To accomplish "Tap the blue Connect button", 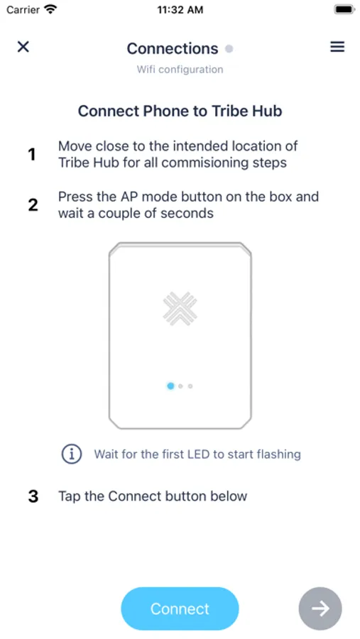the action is pos(180,608).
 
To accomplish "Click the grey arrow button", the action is pos(320,608).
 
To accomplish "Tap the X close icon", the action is pos(23,47).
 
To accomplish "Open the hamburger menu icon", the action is pos(337,47).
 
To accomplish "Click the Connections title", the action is pos(173,48).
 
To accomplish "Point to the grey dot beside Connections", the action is pos(229,49).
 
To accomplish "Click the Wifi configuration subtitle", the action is pos(180,70).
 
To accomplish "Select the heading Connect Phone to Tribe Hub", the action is pos(180,111).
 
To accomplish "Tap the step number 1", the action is pos(32,155).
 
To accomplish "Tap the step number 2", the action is pos(33,204).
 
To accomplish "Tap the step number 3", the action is pos(33,496).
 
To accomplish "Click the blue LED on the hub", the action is pos(170,386).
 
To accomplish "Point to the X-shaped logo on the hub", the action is pos(180,309).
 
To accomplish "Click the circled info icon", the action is pos(71,454).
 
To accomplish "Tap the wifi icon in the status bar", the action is pos(50,9).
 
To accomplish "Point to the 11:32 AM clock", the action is pos(180,10).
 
